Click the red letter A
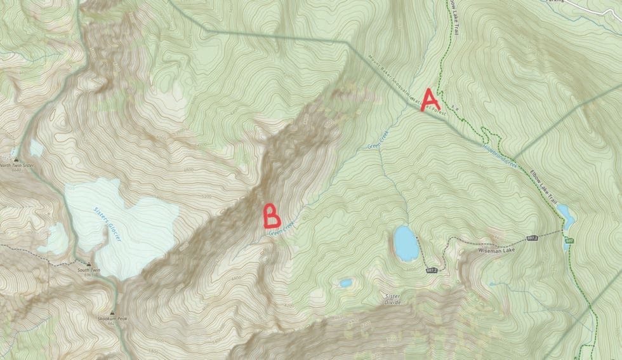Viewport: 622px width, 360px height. point(430,100)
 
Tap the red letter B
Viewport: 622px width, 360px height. point(272,216)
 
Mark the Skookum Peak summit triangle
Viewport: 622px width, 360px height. point(112,313)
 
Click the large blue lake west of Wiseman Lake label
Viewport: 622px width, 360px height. point(406,243)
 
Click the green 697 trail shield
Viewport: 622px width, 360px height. point(569,241)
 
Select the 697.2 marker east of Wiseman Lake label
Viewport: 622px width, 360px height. point(532,238)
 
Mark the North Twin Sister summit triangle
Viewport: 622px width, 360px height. point(17,159)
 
